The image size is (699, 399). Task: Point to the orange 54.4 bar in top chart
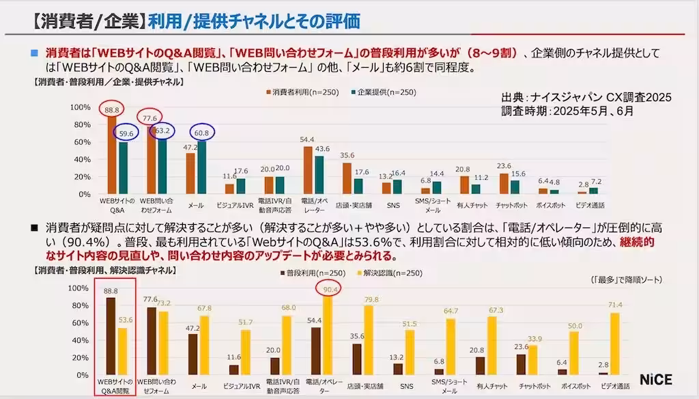pos(308,170)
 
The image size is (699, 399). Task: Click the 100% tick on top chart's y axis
pos(81,107)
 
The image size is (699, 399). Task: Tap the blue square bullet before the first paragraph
pos(34,53)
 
